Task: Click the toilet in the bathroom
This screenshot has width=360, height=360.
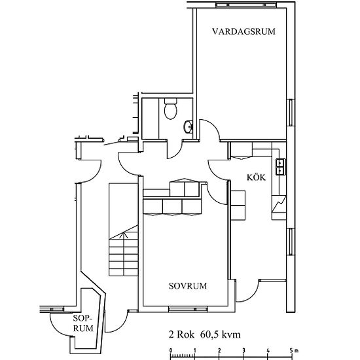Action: pos(171,109)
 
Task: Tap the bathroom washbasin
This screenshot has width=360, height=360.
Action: pos(187,126)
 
